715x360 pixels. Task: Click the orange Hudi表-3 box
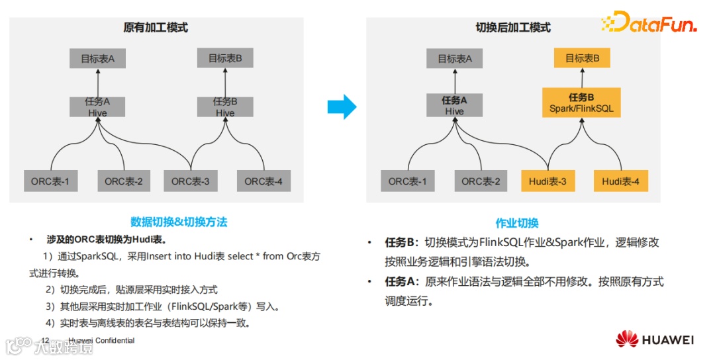548,181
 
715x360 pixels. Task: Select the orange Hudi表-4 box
620,181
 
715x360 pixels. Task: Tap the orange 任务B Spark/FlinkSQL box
581,103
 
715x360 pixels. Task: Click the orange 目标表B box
582,58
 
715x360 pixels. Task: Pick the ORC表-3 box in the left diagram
190,181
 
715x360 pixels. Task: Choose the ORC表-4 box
263,181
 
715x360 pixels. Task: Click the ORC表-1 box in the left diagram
50,181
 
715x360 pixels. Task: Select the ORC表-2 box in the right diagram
481,181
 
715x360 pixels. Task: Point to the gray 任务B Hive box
225,107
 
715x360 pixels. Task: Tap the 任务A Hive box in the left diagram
97,107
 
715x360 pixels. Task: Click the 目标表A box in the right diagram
455,59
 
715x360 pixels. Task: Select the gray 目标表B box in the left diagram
225,58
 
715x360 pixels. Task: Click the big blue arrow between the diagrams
342,106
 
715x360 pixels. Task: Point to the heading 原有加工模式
156,28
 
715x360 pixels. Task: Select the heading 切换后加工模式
513,28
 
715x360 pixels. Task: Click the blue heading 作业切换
517,223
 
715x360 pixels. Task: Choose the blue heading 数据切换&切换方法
179,222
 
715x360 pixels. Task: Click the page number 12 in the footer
46,341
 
